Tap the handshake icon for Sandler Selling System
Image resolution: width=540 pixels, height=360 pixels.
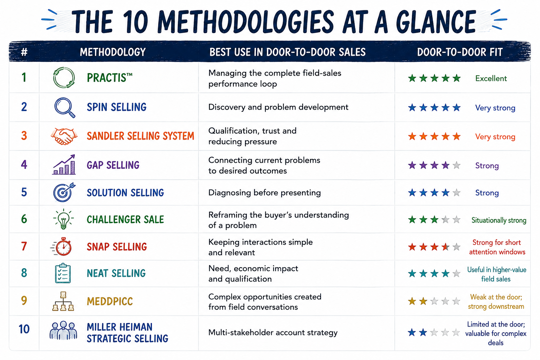[64, 136]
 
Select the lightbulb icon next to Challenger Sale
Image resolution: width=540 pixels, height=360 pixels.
[63, 219]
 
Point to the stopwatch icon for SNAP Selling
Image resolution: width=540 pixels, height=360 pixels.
[62, 246]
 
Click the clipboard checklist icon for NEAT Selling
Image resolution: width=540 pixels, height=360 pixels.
[63, 273]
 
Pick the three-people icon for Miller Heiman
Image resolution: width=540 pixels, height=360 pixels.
[63, 330]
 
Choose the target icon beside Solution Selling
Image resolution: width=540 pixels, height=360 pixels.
[64, 192]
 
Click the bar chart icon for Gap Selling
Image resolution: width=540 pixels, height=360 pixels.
[64, 165]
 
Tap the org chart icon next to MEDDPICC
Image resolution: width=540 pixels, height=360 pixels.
[63, 301]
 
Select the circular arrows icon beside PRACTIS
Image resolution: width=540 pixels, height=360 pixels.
[64, 78]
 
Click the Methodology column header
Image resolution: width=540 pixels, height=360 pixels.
[113, 52]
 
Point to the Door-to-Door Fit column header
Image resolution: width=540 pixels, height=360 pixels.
[460, 52]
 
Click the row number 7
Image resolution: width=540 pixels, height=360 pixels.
[24, 246]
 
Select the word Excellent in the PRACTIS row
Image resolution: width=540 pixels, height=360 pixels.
[491, 78]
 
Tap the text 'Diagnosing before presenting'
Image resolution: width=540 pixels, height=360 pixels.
[264, 193]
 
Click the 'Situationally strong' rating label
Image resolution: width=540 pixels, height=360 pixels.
[499, 220]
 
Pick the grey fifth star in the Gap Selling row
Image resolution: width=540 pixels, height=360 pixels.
[457, 166]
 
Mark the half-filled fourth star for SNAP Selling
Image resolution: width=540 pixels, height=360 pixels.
[445, 247]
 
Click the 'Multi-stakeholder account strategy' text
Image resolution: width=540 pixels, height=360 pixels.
[273, 333]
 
